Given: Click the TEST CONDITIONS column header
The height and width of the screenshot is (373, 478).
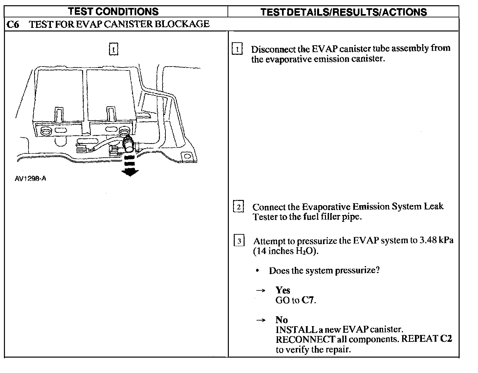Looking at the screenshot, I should click(x=113, y=11).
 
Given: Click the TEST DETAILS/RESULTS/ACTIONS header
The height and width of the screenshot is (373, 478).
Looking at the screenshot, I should click(x=343, y=12).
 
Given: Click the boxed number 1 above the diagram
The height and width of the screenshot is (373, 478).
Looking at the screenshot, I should click(x=113, y=49).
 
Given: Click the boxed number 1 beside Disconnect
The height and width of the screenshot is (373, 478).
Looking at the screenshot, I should click(x=237, y=49).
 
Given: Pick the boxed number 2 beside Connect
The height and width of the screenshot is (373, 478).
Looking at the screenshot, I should click(x=238, y=207).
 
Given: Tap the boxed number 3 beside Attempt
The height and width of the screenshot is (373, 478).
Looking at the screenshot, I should click(x=239, y=241).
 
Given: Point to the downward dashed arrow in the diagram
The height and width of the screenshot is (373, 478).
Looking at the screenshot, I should click(x=130, y=166).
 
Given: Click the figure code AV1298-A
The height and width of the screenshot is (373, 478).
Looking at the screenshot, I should click(x=31, y=179).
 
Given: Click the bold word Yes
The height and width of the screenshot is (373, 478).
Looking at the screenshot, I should click(x=283, y=290).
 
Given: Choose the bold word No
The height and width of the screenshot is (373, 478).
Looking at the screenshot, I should click(x=281, y=320).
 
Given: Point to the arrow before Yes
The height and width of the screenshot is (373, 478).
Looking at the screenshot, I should click(x=261, y=290).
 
